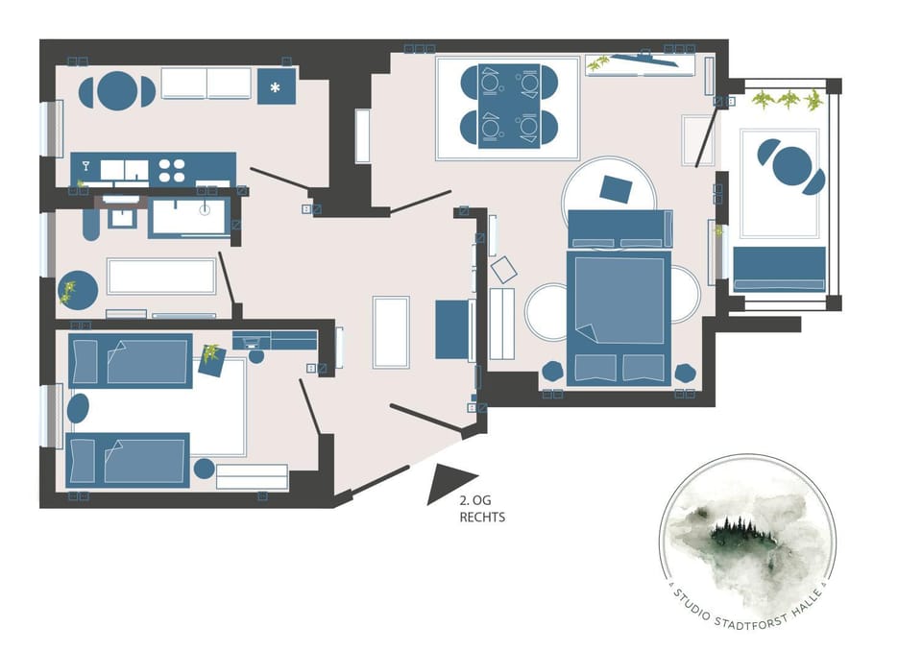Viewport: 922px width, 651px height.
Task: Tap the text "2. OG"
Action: [x=475, y=500]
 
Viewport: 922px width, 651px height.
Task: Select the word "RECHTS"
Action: [x=482, y=518]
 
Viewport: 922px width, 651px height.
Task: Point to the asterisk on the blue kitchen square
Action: [x=275, y=88]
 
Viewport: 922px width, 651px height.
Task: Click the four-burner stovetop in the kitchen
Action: [x=172, y=170]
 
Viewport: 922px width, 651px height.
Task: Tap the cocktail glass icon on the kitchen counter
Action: [x=85, y=166]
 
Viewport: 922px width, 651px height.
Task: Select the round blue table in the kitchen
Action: [x=117, y=91]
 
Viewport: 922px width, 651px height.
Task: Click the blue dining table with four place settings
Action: [x=509, y=106]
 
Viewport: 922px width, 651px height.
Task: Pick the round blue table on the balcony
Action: [x=791, y=166]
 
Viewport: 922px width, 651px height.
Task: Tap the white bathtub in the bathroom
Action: [x=161, y=276]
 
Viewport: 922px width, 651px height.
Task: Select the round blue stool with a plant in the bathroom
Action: [x=78, y=290]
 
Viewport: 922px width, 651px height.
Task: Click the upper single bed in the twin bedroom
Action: [x=131, y=361]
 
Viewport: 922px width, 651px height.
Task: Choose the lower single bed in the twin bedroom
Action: [x=128, y=461]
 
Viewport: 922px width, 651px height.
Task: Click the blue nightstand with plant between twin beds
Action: [x=212, y=361]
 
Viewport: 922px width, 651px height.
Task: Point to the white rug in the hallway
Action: [x=391, y=332]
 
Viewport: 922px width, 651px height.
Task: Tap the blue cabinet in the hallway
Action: [x=452, y=330]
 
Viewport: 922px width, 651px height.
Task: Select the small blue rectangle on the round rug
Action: [x=616, y=189]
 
